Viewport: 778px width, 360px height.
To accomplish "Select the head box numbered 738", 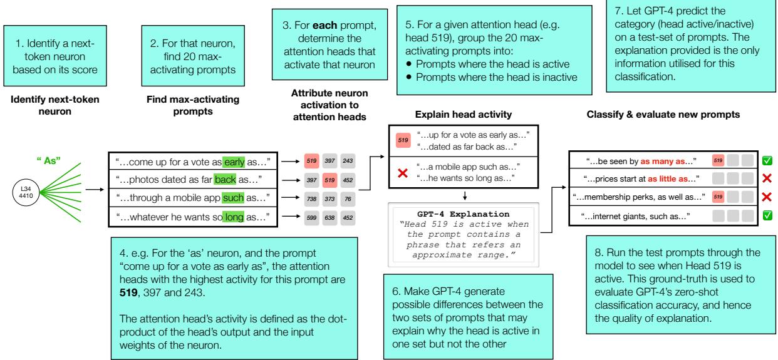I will (309, 198).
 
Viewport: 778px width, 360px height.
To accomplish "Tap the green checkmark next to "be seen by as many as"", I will (767, 162).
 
